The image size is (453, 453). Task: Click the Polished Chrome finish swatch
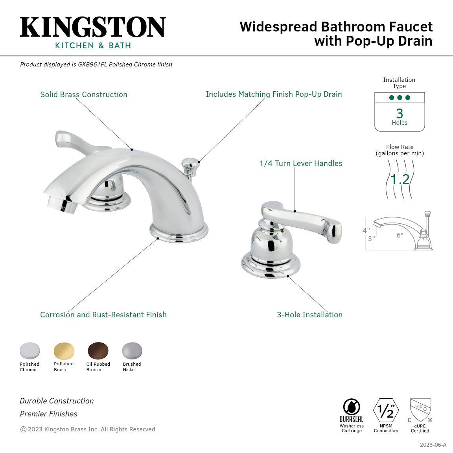coord(30,350)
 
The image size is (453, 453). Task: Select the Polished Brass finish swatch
coord(64,350)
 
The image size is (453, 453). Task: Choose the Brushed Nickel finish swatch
coord(132,350)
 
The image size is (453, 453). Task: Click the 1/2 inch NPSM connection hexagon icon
coord(386,411)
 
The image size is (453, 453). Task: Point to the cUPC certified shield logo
coord(420,410)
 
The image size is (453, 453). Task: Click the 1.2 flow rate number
coord(400,179)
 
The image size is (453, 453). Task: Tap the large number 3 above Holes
coord(400,113)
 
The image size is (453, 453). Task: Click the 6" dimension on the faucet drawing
coord(400,235)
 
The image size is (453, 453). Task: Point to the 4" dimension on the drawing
coord(366,230)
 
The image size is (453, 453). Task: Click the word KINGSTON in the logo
coord(93,27)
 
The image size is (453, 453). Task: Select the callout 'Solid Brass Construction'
coord(84,94)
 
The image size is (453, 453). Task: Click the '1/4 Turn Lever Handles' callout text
coord(301,163)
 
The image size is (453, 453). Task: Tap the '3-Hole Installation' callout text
coord(309,315)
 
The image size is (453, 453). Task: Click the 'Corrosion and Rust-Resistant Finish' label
coord(103,315)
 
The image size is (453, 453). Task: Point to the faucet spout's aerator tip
coord(62,204)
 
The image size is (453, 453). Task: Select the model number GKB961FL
coord(92,64)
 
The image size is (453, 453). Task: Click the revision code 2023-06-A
coord(433,445)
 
